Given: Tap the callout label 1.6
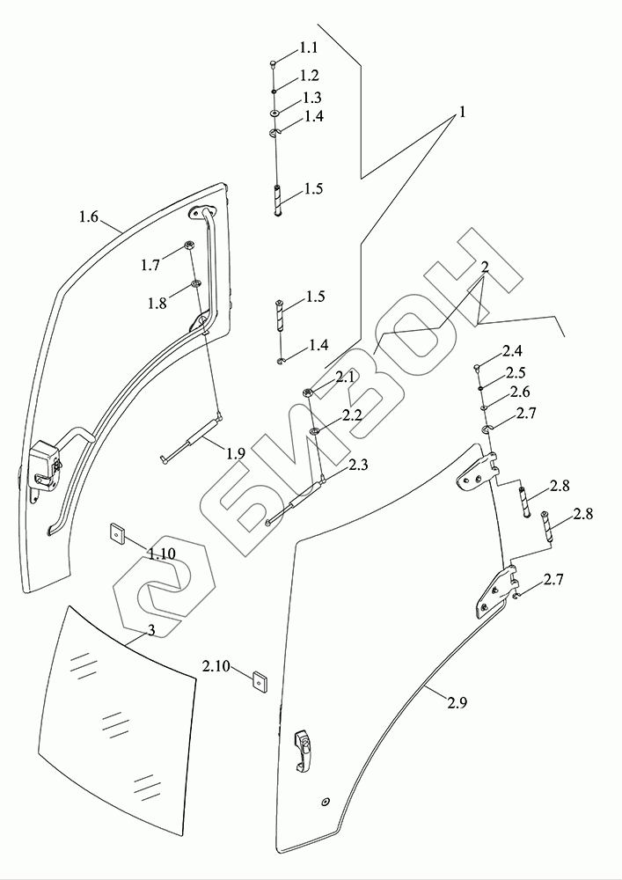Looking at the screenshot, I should point(88,216).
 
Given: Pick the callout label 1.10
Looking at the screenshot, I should point(162,554).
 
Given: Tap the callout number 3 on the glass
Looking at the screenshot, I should point(150,630).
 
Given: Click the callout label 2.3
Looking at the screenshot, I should point(358,465).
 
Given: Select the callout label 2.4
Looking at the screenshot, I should point(513,352).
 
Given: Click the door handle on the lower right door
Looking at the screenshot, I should point(302,749).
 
